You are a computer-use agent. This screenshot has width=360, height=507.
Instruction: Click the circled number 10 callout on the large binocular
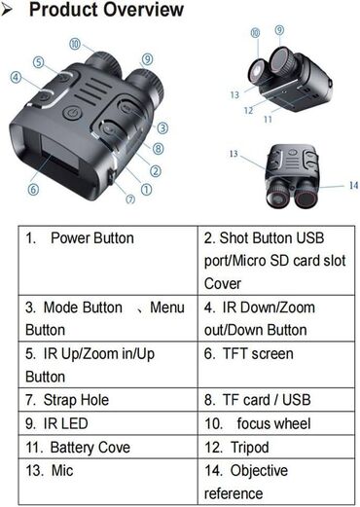tap(75, 44)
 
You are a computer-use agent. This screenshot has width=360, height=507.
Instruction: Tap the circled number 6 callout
tap(33, 189)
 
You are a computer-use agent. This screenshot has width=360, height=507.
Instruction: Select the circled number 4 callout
tap(16, 78)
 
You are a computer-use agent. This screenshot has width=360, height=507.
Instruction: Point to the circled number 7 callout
tap(130, 199)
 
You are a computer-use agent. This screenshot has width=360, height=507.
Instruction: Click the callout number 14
tap(353, 185)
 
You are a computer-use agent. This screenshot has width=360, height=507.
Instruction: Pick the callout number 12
tap(248, 111)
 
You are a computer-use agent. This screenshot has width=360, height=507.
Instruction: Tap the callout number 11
tap(268, 120)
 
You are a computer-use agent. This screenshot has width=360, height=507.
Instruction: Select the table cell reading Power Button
tap(108, 261)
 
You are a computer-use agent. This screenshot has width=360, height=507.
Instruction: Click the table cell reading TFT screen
tap(276, 364)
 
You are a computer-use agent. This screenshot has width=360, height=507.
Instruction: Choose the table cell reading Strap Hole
tap(108, 400)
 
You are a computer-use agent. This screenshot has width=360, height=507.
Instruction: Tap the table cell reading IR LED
tap(108, 423)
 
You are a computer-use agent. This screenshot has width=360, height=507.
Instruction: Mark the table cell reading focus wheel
tap(276, 423)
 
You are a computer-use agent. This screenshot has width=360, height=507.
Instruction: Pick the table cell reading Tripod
tap(276, 447)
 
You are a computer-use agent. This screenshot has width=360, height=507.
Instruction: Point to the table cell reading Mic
tap(108, 482)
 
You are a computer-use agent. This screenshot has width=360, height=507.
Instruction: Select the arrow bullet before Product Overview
tap(7, 10)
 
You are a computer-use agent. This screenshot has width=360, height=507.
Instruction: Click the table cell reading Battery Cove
tap(108, 447)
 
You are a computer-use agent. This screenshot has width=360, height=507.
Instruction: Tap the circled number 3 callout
tap(162, 127)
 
